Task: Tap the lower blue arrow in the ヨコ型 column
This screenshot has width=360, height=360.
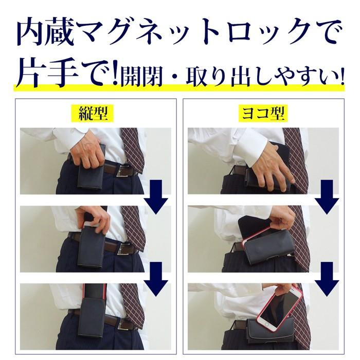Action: pos(326,278)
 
